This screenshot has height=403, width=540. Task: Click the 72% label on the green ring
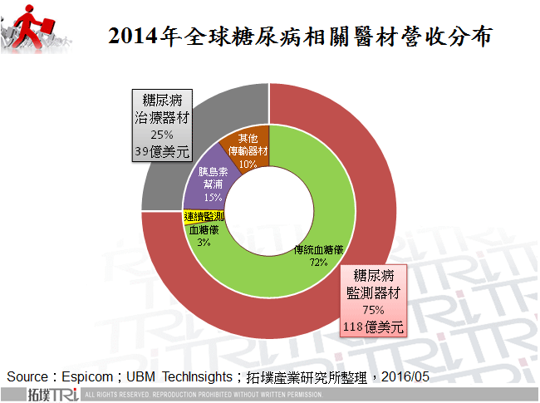click(318, 262)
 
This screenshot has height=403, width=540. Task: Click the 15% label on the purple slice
click(212, 198)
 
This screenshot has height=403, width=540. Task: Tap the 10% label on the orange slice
click(248, 165)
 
